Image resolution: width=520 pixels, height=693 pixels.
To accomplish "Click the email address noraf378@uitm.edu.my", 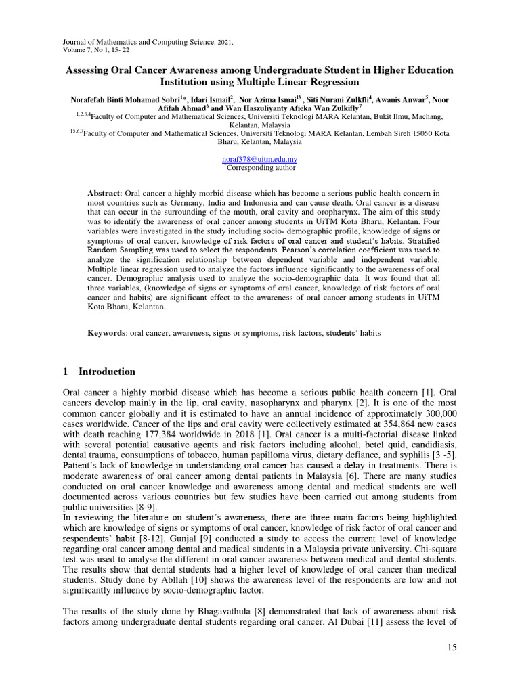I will pos(260,159).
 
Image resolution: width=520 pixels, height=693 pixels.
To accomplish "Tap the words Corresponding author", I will pos(260,167).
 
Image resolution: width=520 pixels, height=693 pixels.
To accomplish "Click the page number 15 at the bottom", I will pos(452,648).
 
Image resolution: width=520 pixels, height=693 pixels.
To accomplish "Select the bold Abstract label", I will pos(104,194).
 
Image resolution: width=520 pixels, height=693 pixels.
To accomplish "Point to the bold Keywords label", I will pos(107,334).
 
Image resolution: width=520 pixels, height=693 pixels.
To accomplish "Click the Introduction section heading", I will pos(107,372).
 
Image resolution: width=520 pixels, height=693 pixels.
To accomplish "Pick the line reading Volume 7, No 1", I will pos(89,49).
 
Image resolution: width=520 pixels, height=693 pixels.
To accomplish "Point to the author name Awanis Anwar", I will pos(387,100).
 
